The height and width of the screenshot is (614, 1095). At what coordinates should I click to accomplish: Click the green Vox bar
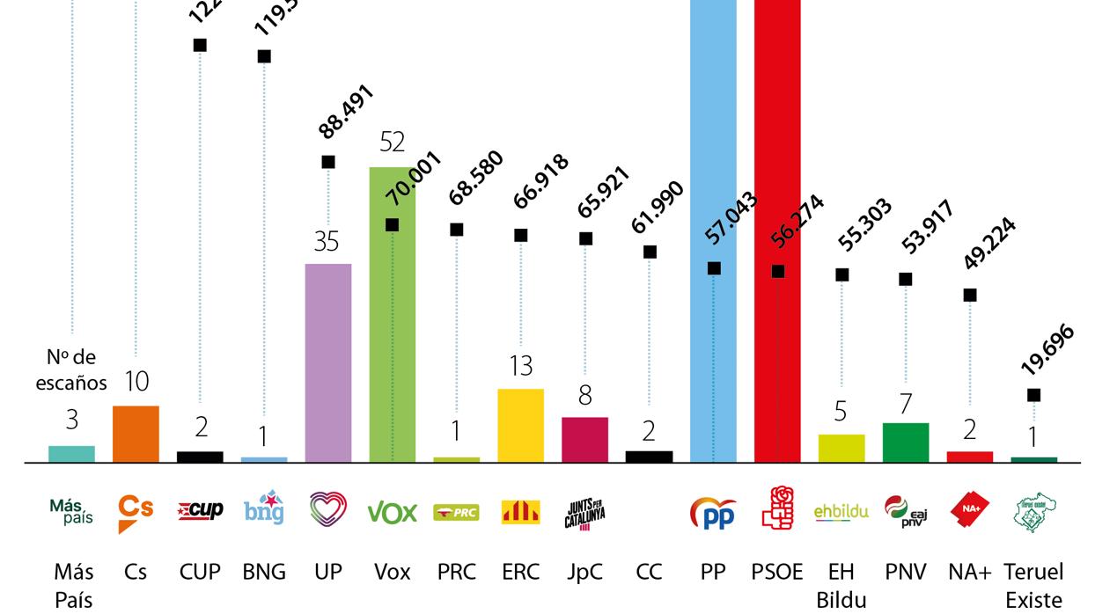(392, 352)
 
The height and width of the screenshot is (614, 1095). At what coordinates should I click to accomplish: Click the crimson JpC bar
(584, 439)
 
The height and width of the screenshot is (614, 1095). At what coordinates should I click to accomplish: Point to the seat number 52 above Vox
(393, 142)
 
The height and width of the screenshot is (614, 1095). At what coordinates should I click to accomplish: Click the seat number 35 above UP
(327, 242)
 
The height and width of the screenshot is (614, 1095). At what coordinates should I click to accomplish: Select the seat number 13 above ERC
(521, 366)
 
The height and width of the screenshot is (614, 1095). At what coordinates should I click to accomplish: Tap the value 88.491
(346, 112)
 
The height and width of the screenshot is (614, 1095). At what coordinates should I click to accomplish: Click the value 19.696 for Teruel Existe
(1047, 350)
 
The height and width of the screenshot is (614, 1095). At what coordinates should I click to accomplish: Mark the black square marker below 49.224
(970, 296)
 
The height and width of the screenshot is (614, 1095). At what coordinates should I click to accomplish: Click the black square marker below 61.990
(650, 252)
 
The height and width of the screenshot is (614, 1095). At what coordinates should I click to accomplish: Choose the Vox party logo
(392, 512)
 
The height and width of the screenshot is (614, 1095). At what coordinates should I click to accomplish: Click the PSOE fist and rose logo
(777, 509)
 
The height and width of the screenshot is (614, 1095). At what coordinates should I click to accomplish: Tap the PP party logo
(713, 513)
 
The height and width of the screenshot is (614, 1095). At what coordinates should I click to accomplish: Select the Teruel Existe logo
(1035, 512)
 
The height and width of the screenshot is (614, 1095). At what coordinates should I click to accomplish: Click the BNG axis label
(264, 573)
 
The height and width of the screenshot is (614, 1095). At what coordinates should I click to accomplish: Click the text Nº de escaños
(71, 369)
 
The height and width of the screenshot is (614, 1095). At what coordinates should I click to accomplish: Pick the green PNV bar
(906, 442)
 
